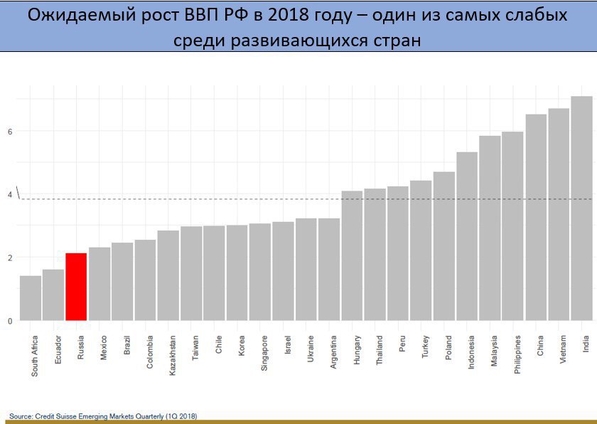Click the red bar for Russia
[x=76, y=287]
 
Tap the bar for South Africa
[x=31, y=298]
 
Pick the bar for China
[x=536, y=218]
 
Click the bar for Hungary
[x=352, y=256]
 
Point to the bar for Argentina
[x=329, y=270]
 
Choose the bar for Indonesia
[x=467, y=236]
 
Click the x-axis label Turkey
[x=426, y=347]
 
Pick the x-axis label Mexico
[x=104, y=347]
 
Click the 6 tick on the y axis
[x=10, y=132]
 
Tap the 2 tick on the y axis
[x=10, y=258]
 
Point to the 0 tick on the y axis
[x=10, y=321]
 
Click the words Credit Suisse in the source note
[x=61, y=415]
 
